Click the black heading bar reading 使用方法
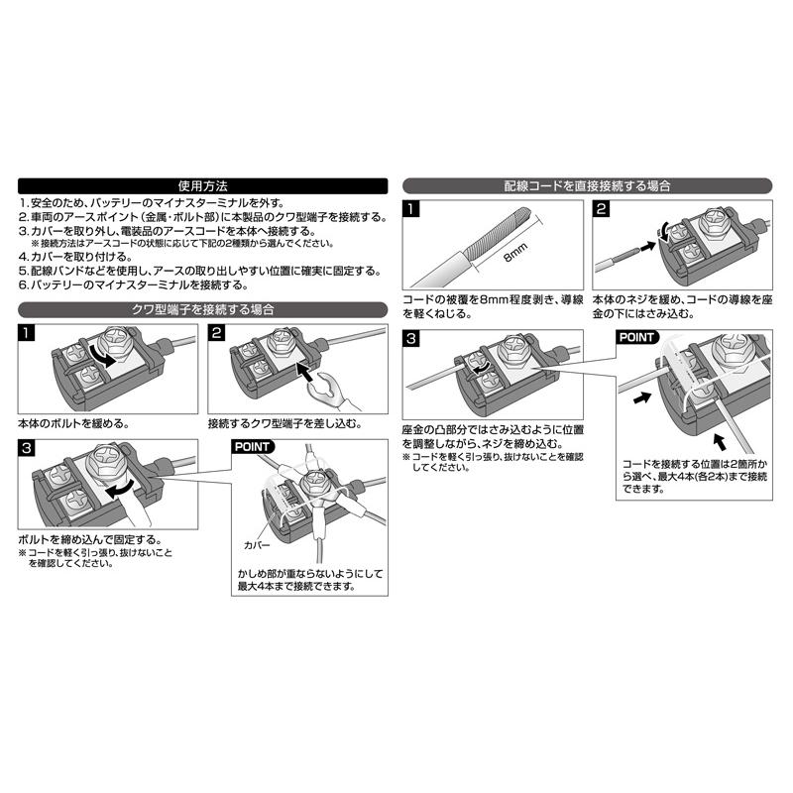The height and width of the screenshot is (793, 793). pos(202,184)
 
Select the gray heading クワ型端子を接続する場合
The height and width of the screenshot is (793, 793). pos(202,309)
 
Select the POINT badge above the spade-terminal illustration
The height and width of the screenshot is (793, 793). pos(255,447)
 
